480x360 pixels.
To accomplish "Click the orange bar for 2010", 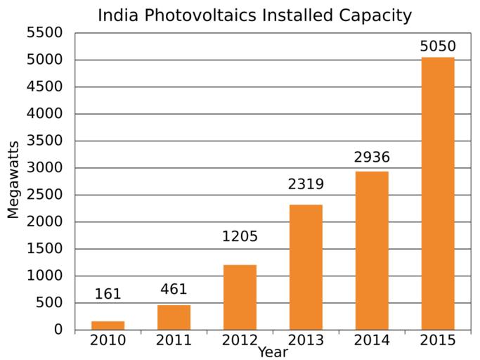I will point(108,325).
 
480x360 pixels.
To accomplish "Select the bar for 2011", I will point(174,317).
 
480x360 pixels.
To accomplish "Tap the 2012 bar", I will point(240,297).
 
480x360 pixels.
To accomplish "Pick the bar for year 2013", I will point(306,267).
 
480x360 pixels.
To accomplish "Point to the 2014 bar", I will point(372,250).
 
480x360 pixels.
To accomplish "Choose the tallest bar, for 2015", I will point(438,193).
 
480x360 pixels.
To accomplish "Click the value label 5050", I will point(438,46).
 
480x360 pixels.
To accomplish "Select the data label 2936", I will point(372,157).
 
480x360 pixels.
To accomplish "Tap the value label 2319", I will point(306,185).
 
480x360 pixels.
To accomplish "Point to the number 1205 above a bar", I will point(240,237).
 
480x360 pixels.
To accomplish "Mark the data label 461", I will point(174,290).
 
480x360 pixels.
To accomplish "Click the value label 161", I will point(108,294).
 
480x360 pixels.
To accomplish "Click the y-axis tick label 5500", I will point(44,33).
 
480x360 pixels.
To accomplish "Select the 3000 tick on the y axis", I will point(44,168).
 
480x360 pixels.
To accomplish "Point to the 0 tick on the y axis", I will point(58,330).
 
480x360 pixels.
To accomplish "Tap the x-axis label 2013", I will point(306,341).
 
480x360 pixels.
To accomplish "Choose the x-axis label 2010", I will point(108,341).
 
